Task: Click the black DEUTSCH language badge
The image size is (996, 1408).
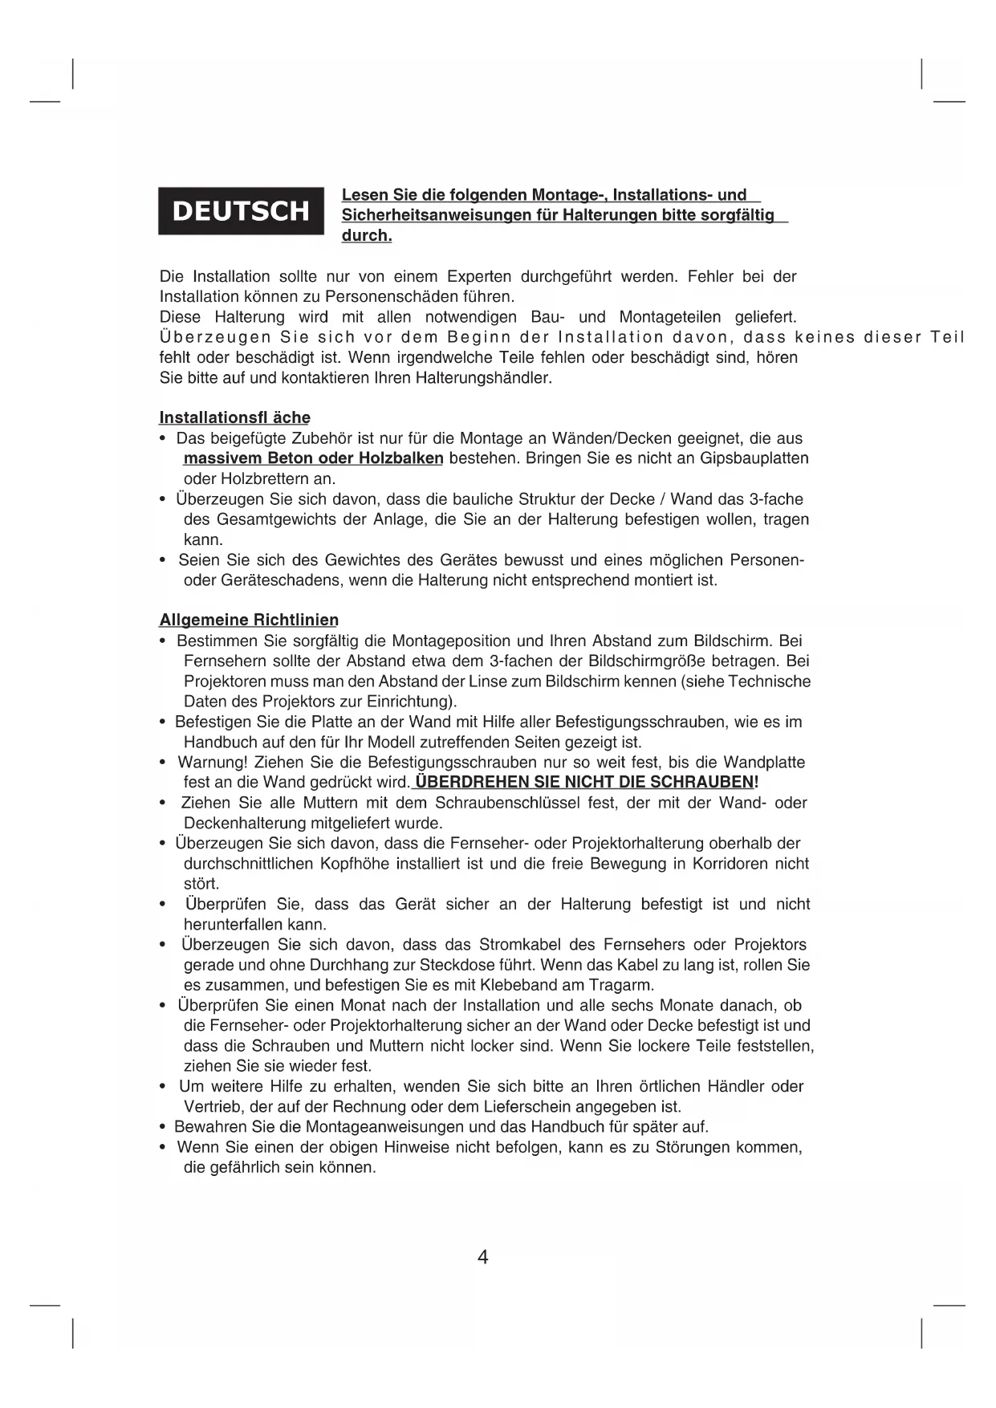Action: point(241,211)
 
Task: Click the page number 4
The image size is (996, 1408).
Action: point(482,1257)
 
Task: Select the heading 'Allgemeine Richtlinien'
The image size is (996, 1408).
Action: point(249,620)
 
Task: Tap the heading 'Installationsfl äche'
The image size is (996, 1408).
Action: point(234,417)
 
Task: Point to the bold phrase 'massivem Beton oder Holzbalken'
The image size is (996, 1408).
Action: point(314,458)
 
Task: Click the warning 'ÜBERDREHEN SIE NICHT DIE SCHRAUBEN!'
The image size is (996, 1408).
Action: point(587,782)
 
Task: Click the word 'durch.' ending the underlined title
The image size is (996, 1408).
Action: point(367,236)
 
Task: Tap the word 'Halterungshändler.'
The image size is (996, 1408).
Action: point(484,378)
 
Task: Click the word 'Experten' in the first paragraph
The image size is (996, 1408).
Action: point(479,277)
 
